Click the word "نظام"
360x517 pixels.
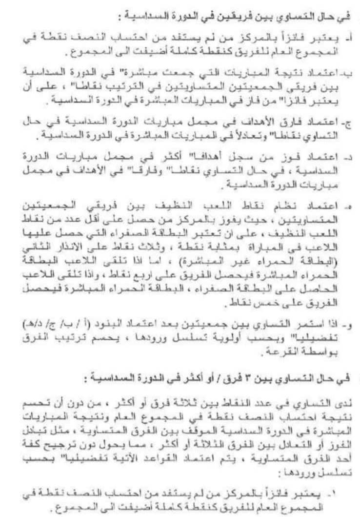point(288,207)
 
